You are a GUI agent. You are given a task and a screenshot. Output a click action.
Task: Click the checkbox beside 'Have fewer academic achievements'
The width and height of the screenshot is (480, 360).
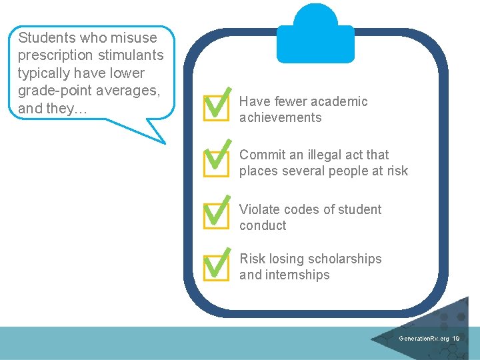[215, 107]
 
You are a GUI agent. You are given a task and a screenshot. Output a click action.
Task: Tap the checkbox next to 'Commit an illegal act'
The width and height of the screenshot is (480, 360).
[215, 160]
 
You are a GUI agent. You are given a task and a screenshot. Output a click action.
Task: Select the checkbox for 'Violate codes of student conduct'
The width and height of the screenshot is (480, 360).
[215, 214]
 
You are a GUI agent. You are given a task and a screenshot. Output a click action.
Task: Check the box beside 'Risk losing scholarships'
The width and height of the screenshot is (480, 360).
[215, 266]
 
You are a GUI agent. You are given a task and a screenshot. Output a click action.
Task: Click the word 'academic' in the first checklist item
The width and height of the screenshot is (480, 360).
[338, 101]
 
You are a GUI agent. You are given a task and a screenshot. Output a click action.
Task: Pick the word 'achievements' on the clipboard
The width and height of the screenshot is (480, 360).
[280, 118]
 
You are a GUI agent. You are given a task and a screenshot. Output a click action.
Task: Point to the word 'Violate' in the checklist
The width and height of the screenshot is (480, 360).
[260, 209]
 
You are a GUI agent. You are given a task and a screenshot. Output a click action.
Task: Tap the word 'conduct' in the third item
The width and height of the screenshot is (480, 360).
[263, 226]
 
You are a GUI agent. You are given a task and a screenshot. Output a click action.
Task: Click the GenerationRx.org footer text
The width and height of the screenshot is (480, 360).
[423, 339]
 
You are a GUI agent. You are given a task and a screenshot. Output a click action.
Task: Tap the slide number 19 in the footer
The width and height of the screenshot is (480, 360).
[455, 339]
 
